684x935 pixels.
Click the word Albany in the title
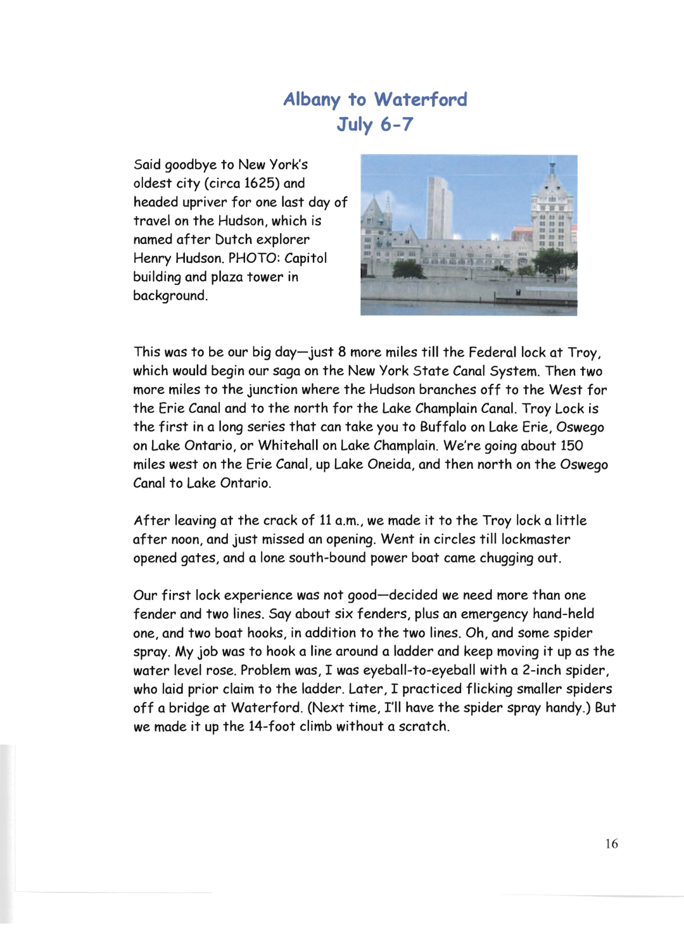coord(312,100)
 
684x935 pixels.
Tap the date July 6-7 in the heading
coord(375,124)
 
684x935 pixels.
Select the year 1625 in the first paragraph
coord(262,184)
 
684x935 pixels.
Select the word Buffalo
coord(443,428)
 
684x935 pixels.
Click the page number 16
coord(611,844)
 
